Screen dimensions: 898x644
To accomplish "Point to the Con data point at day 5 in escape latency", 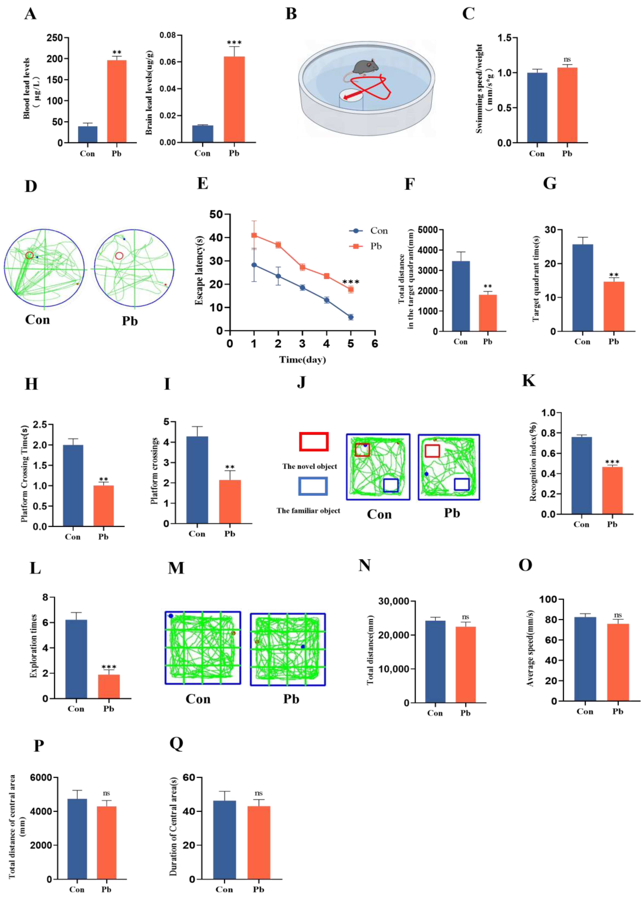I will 350,317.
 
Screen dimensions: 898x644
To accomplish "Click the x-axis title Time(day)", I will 302,360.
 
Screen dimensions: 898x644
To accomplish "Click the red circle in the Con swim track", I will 29,255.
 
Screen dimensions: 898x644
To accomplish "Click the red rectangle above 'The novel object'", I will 314,441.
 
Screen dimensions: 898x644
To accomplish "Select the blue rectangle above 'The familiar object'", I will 313,486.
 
